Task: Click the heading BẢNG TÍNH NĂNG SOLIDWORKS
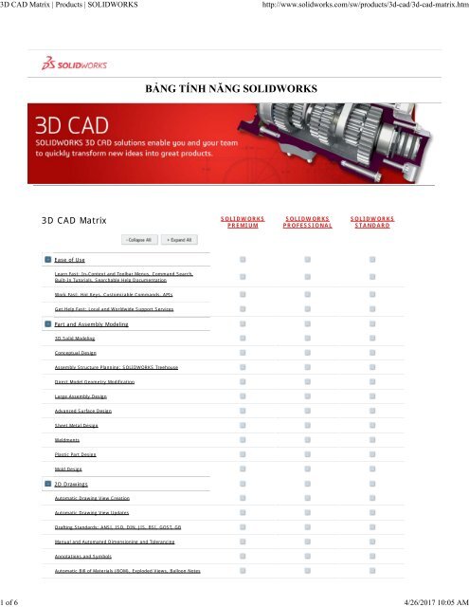[234, 90]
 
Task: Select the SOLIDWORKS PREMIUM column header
[243, 221]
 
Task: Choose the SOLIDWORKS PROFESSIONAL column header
[308, 221]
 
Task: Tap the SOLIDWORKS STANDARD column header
[372, 221]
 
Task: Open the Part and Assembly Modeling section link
[98, 323]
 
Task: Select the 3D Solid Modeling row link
[76, 337]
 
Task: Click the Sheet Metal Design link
[78, 428]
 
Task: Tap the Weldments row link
[67, 440]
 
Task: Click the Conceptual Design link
[75, 352]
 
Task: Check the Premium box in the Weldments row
[243, 440]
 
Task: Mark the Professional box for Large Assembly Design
[307, 396]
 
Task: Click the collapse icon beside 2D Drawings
[47, 483]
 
